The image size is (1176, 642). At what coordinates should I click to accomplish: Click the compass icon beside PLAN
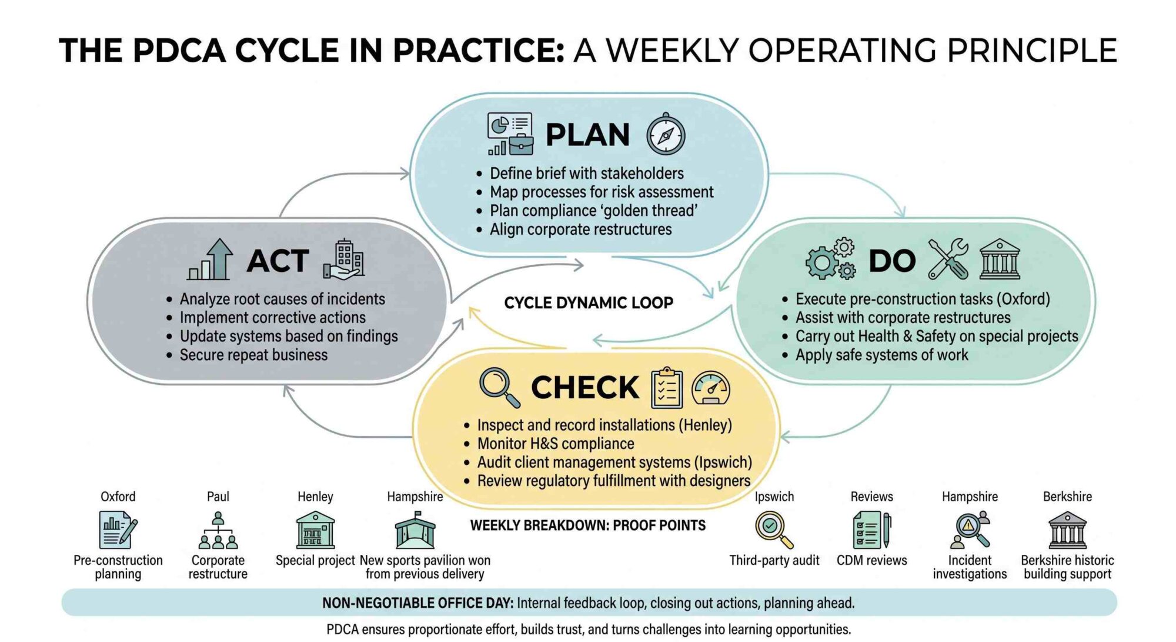pos(666,134)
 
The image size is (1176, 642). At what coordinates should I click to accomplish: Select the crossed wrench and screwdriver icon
pos(948,258)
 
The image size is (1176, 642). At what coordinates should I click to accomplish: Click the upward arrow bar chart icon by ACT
pos(210,259)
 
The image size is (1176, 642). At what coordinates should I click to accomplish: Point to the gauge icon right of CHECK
pos(711,388)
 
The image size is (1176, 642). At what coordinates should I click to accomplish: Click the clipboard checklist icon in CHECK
pos(667,387)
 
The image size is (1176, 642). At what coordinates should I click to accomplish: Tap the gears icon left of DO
pos(830,258)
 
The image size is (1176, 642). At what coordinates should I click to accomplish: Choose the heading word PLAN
pos(587,135)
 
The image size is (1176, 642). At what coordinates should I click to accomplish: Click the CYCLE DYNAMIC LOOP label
pos(589,302)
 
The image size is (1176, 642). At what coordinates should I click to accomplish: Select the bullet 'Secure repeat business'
pos(253,355)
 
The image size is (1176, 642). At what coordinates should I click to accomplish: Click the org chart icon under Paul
pos(218,530)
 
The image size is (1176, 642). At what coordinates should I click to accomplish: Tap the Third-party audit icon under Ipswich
pos(774,530)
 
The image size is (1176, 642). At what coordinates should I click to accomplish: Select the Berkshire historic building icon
pos(1067,530)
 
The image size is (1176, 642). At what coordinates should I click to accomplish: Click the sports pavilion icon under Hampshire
pos(415,530)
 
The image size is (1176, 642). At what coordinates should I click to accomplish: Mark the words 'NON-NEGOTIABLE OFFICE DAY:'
pos(417,603)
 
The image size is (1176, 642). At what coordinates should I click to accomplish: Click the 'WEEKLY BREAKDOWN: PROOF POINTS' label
pos(588,525)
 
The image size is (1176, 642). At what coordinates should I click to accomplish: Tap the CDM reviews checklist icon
pos(872,530)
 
